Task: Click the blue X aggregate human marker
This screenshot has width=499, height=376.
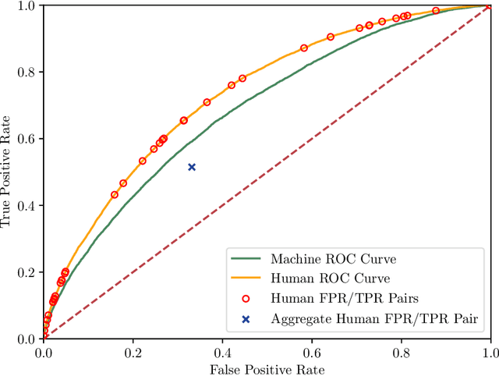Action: (x=192, y=167)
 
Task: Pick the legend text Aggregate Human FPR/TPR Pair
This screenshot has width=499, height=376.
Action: (x=373, y=318)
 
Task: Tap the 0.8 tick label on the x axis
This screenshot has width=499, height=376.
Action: (x=401, y=352)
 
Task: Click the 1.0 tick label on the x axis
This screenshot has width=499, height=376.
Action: (x=490, y=352)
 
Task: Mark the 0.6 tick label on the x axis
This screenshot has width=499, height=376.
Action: (x=312, y=352)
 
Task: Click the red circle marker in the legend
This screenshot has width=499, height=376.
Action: (x=246, y=298)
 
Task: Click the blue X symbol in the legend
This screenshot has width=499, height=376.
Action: (x=246, y=318)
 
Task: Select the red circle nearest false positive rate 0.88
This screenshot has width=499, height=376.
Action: (x=436, y=11)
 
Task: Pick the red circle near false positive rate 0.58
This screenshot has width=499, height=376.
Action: (x=304, y=48)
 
